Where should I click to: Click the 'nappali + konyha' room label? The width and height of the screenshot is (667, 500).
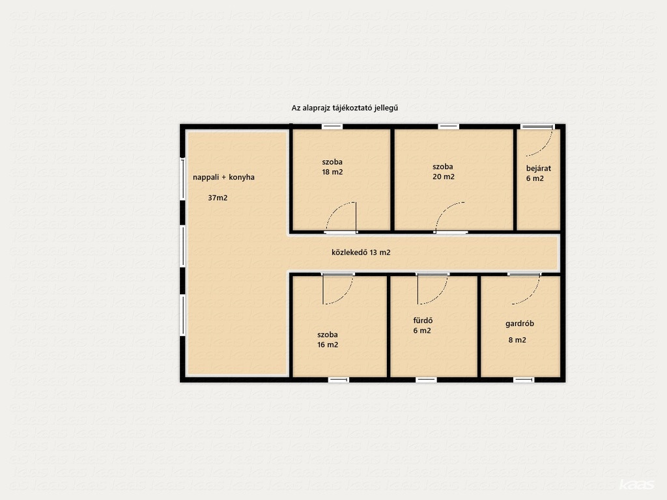(224, 177)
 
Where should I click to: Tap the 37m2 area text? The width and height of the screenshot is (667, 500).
(218, 198)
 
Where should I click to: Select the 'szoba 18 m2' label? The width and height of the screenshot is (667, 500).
(332, 167)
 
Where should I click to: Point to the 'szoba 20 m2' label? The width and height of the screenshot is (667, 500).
(443, 172)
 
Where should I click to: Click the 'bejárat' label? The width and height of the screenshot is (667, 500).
(539, 169)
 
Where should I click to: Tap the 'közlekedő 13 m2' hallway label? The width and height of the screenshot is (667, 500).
(361, 253)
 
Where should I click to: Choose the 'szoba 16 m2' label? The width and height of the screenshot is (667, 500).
(328, 340)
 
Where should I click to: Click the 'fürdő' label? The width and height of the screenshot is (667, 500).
(423, 320)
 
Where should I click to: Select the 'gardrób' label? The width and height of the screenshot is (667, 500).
(520, 324)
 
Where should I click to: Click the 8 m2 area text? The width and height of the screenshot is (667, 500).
(517, 340)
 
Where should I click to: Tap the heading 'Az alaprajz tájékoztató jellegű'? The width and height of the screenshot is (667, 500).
(345, 108)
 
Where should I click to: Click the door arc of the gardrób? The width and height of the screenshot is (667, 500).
(533, 295)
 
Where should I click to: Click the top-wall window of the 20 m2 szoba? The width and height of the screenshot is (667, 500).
(449, 127)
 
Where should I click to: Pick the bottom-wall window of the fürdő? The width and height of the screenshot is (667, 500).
(426, 380)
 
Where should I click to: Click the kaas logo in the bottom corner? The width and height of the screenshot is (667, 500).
(636, 485)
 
